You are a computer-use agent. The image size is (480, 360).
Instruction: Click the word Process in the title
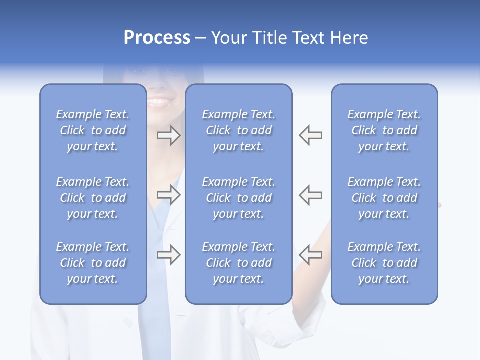tap(157, 38)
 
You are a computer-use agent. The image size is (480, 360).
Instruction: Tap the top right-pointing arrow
tap(169, 135)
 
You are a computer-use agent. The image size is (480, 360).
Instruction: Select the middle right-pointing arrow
tap(169, 195)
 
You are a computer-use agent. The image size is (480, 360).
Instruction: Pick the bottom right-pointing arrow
tap(169, 254)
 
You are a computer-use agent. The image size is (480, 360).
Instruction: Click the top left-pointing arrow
tap(311, 135)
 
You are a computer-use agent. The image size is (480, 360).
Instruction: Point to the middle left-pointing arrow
tap(311, 195)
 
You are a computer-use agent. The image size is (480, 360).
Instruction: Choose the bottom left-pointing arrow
tap(311, 254)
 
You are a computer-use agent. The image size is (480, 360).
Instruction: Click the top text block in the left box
tap(93, 130)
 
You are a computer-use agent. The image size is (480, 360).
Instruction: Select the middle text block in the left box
tap(93, 198)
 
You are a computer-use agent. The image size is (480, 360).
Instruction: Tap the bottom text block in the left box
tap(93, 263)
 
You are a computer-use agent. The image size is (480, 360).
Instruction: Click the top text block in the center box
tap(238, 130)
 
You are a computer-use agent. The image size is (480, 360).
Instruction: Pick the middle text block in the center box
tap(238, 198)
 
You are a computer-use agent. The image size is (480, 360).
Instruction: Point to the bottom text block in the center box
tap(238, 263)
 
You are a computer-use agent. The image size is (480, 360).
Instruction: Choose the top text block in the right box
tap(384, 130)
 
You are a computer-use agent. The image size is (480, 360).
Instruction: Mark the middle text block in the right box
tap(384, 198)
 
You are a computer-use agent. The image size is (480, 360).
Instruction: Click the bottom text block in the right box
tap(384, 263)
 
